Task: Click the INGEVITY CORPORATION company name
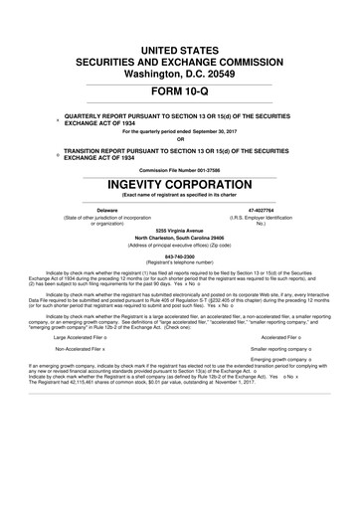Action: [x=179, y=183]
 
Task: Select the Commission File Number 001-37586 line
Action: [x=179, y=168]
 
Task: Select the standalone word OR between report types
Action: [x=179, y=138]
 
